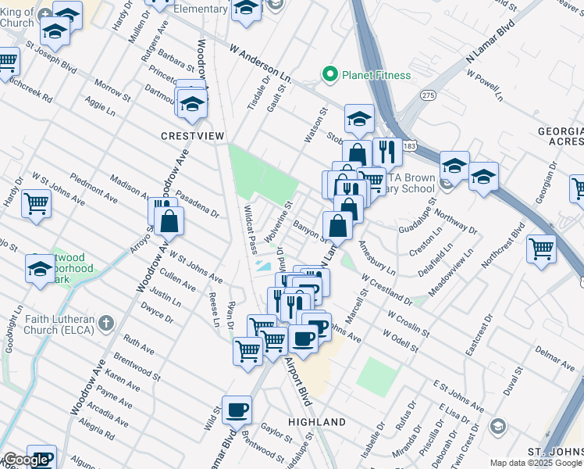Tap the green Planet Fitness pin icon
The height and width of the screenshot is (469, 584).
point(330,75)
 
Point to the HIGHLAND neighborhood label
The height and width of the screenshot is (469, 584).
point(317,422)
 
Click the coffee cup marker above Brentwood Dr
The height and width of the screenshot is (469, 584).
point(237,410)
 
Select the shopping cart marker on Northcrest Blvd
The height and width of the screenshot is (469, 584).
point(541,249)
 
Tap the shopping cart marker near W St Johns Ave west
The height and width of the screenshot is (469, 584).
point(36,203)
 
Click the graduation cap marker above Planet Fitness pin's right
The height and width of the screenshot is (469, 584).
point(359,118)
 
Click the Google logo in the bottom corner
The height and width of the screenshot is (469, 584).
point(26,460)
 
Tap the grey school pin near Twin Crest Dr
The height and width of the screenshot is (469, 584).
point(497,426)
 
